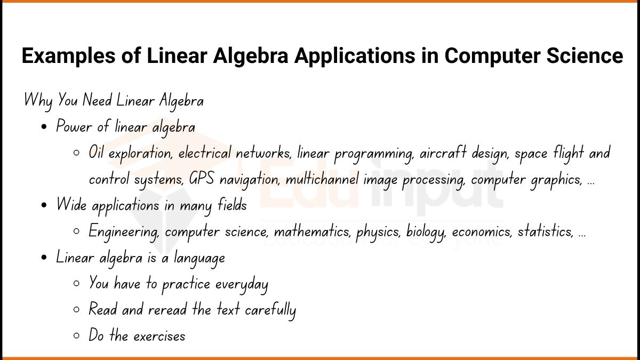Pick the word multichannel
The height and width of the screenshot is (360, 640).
click(x=323, y=179)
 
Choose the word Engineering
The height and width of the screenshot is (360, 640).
click(x=124, y=232)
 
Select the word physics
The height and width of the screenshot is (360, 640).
click(x=378, y=232)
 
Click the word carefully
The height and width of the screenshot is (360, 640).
click(x=270, y=310)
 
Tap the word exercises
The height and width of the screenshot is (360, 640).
click(x=159, y=336)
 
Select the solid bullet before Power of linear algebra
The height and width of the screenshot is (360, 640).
click(x=44, y=127)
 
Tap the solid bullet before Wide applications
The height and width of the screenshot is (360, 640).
click(x=44, y=206)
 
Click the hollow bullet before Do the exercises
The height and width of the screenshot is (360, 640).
click(x=77, y=336)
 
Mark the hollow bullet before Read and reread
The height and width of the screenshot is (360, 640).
click(x=77, y=310)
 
